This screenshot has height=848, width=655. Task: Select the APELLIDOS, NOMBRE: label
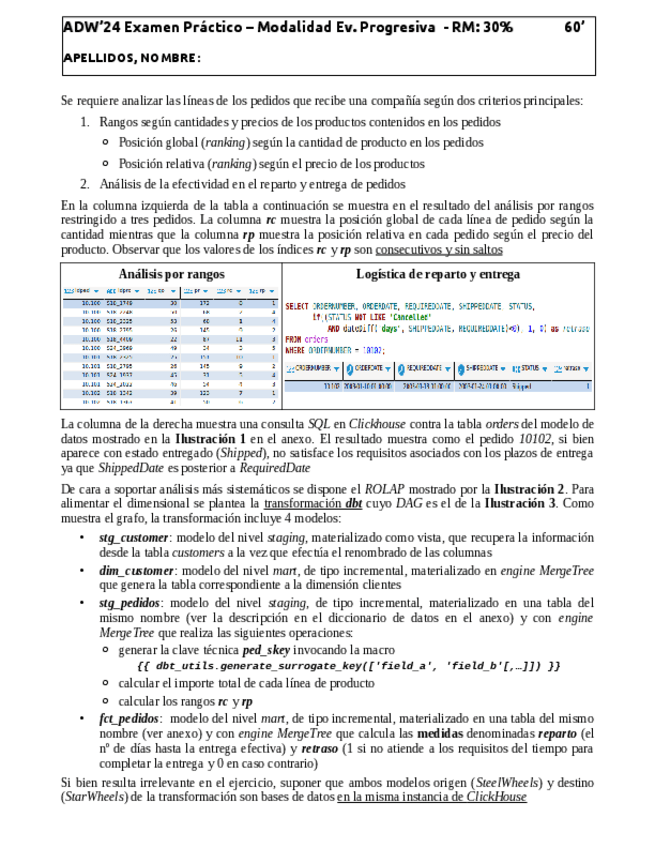pos(131,58)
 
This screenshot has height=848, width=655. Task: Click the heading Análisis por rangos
pos(171,274)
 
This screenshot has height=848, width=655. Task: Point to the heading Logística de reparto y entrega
pos(438,274)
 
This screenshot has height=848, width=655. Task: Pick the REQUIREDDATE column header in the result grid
pos(430,368)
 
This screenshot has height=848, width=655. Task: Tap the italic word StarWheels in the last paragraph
pos(94,797)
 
